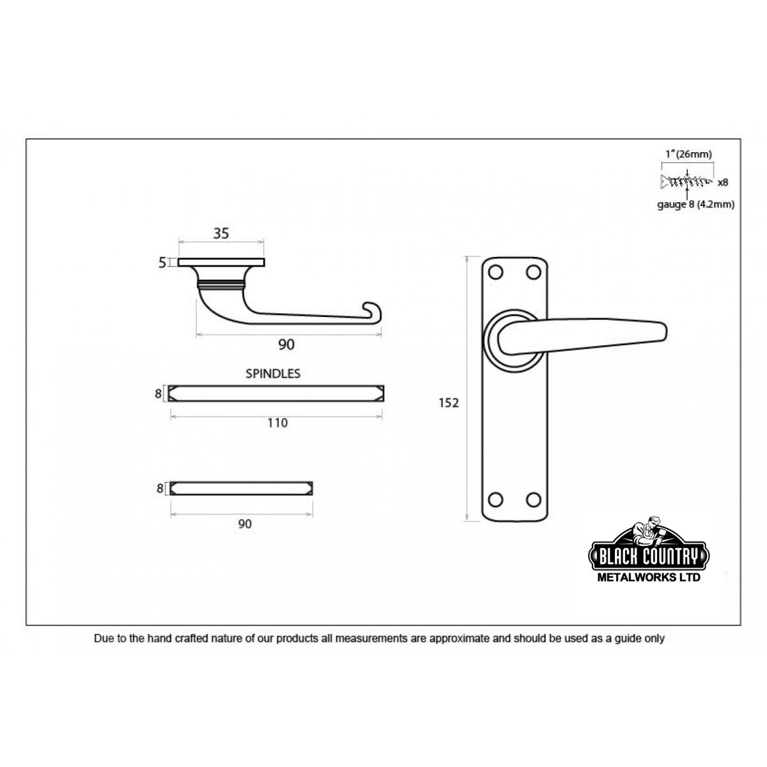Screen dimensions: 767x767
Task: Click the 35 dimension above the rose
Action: click(x=221, y=234)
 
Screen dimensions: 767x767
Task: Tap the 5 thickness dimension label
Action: click(x=162, y=262)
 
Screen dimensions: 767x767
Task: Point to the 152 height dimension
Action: click(x=449, y=403)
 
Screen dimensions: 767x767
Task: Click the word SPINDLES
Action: click(x=273, y=374)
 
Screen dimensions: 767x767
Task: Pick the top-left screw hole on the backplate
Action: click(x=495, y=272)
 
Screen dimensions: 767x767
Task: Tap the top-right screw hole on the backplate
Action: click(x=532, y=272)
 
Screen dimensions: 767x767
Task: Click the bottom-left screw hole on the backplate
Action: click(x=495, y=499)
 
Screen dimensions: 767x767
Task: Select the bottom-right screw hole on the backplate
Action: click(x=532, y=499)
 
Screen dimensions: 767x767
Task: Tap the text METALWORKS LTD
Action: click(x=648, y=578)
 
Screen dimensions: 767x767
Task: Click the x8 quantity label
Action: click(x=723, y=183)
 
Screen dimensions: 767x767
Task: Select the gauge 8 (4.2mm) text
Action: click(x=695, y=205)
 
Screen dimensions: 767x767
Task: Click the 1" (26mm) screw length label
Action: click(x=688, y=154)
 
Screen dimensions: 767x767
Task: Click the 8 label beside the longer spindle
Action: click(x=158, y=394)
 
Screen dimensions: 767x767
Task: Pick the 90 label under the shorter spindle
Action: click(x=244, y=524)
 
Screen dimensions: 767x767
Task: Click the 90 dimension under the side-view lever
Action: click(x=286, y=345)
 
